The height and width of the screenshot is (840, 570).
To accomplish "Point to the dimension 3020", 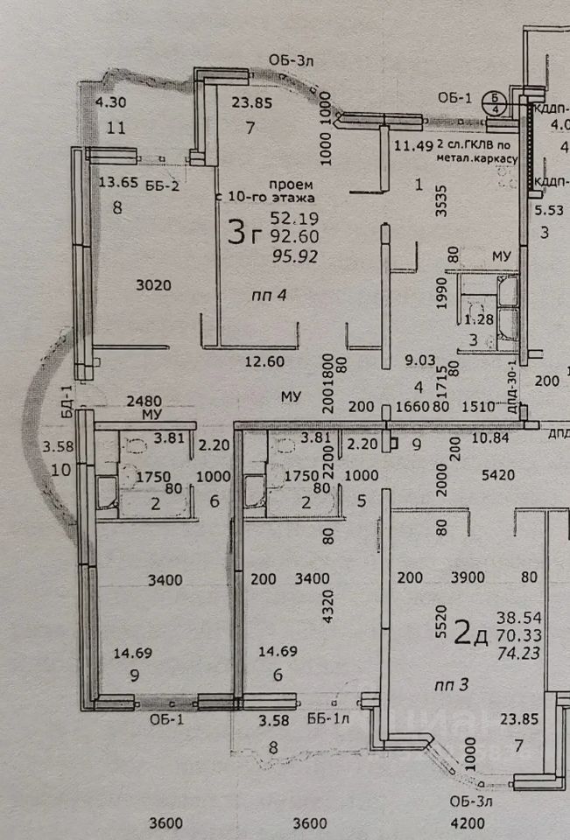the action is click(x=154, y=284).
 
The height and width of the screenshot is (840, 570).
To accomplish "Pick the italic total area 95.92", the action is click(x=295, y=255).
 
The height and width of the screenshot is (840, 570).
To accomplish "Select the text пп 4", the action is click(x=268, y=295).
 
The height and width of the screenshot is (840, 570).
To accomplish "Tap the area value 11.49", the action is click(x=414, y=145).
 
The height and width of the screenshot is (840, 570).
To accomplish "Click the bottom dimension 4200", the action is click(x=467, y=823).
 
